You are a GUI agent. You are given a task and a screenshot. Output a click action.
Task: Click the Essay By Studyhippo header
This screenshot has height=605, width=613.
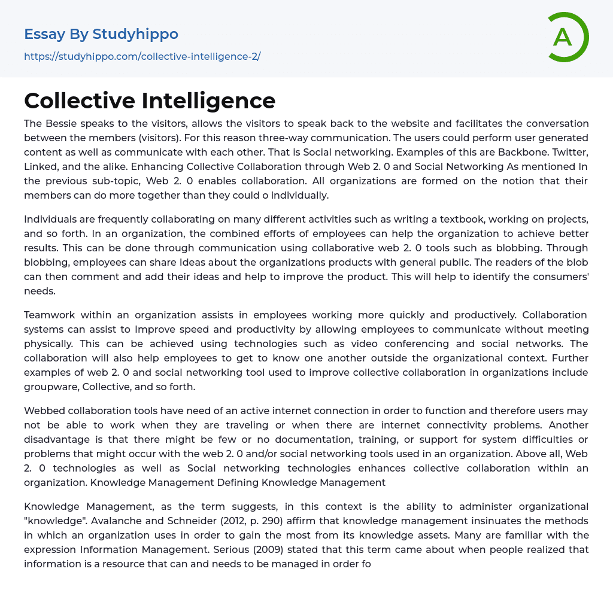point(101,34)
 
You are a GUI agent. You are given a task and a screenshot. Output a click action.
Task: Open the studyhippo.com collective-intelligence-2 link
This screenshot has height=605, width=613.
point(142,57)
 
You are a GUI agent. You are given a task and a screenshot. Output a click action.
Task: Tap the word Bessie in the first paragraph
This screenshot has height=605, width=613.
point(60,123)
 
